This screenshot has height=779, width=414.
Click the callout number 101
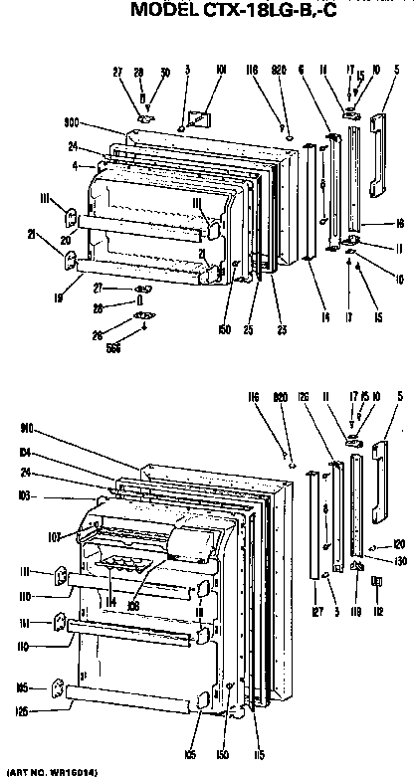pos(220,70)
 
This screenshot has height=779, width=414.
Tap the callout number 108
pos(131,601)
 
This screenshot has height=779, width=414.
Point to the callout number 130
pos(399,560)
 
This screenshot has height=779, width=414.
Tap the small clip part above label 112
pos(376,581)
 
